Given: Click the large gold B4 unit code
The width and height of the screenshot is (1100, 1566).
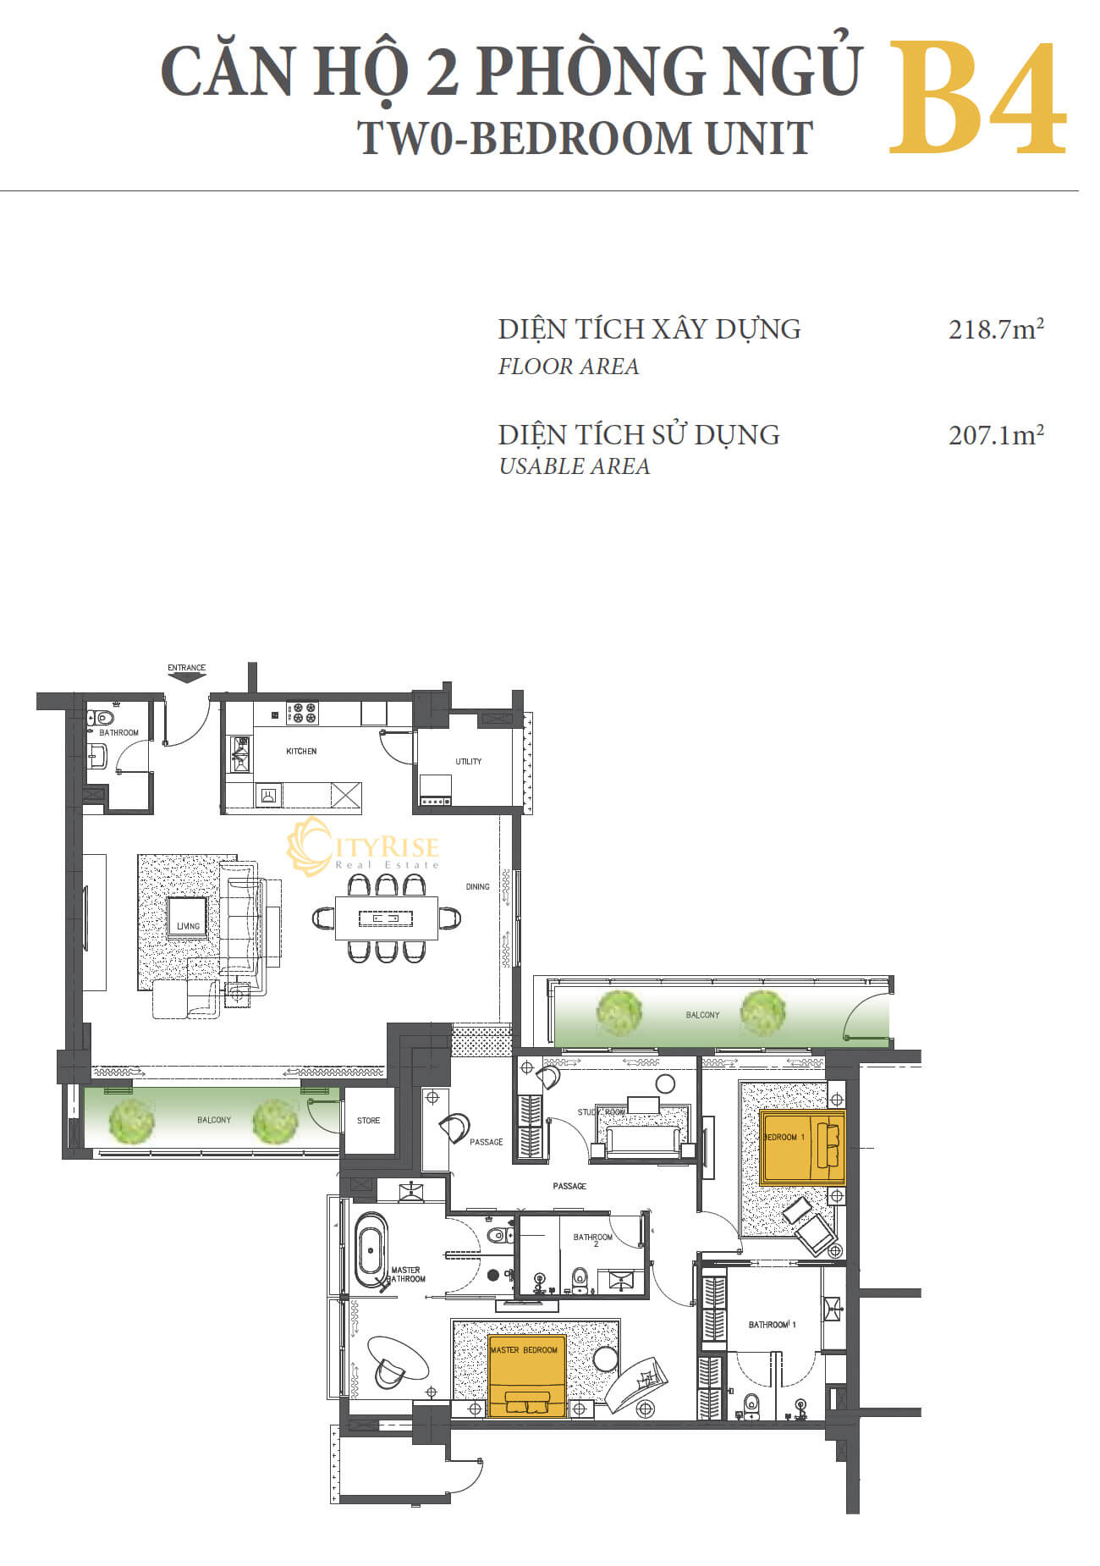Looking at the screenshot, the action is pos(976,100).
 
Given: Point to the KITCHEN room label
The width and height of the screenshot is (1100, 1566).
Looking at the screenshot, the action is pos(301,751).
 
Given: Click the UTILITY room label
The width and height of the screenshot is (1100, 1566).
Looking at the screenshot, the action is pos(468,761).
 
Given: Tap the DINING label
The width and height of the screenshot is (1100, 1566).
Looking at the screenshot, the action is pos(477,886).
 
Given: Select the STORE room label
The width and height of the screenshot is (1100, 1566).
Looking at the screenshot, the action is pos(368,1120).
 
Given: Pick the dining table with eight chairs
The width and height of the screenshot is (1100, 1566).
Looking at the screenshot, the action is pos(387,918).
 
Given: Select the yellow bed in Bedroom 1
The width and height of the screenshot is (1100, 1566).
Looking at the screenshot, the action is pos(802,1146).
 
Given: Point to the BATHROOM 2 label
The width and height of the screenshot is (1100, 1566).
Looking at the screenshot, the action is pos(592,1240).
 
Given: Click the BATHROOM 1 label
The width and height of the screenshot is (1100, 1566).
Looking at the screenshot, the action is pos(772,1324).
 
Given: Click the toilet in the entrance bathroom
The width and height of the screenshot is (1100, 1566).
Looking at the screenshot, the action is pos(104,719).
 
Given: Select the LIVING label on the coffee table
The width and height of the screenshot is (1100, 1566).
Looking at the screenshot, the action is pos(188,926).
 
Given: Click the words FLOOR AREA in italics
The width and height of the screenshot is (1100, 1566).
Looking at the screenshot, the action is pos(569,367).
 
